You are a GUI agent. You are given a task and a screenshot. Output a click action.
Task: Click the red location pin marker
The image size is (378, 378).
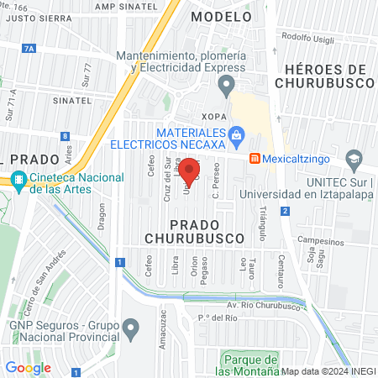[190, 171]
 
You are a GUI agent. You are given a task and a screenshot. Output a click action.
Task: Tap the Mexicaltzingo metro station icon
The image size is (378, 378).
[254, 158]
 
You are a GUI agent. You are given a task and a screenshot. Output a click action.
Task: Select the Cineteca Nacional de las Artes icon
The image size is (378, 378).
[18, 179]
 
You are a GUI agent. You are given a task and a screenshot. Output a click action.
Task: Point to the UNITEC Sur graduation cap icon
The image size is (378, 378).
[354, 159]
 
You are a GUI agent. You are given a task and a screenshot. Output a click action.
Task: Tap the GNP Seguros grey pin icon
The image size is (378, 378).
[130, 326]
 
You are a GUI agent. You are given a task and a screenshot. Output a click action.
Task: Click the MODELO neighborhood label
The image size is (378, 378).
[220, 16]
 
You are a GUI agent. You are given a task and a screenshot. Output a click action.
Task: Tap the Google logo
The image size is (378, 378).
[28, 367]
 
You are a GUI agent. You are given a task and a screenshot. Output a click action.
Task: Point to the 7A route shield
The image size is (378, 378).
[30, 50]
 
